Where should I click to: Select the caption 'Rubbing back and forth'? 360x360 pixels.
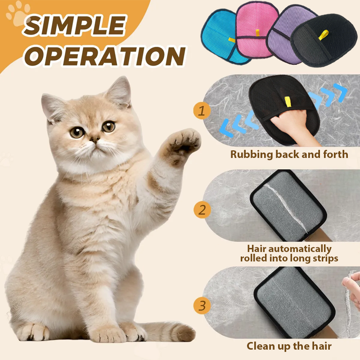pos(289,154)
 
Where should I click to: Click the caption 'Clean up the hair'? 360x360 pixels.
pos(289,346)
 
